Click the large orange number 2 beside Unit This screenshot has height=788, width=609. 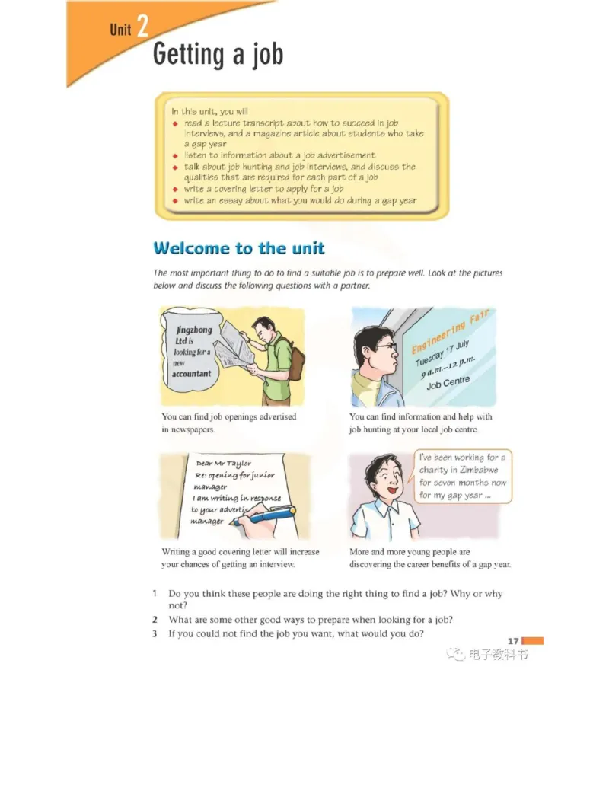[x=142, y=26]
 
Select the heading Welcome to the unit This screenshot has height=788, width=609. [x=239, y=247]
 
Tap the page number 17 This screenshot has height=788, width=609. [x=512, y=641]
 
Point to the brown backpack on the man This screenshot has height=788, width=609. [x=295, y=359]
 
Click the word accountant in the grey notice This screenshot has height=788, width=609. [x=191, y=373]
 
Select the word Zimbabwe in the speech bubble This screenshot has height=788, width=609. [x=478, y=470]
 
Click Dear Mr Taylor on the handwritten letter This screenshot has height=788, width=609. [x=224, y=464]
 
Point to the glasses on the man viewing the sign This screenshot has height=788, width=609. [x=387, y=346]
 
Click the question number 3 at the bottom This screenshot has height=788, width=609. [x=155, y=633]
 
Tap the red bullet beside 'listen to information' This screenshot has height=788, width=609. [x=175, y=156]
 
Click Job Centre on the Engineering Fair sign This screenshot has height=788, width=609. [x=448, y=382]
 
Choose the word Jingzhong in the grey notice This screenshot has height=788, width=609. [x=194, y=330]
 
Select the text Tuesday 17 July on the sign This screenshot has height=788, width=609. [x=442, y=353]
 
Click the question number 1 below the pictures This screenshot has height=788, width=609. [x=155, y=594]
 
